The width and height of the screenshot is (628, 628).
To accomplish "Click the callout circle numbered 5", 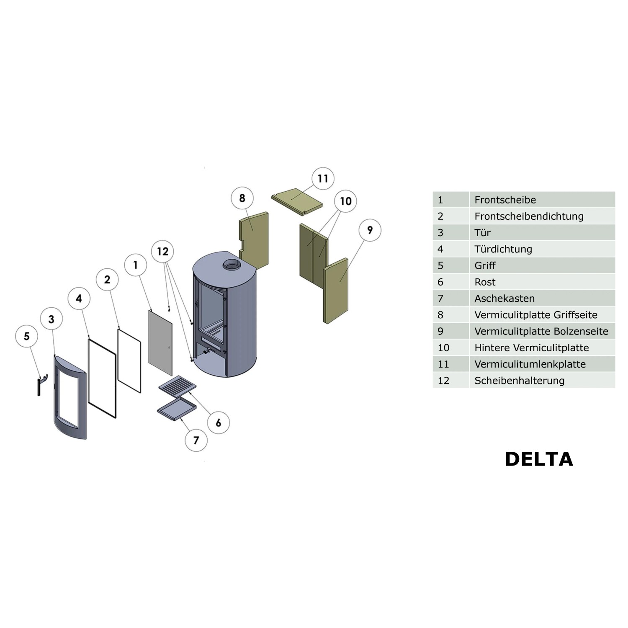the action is click(27, 336).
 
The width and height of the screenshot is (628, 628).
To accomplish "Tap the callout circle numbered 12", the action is click(162, 251).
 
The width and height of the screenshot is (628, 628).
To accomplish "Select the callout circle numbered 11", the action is click(323, 178).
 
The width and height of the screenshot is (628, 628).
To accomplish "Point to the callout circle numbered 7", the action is click(196, 440).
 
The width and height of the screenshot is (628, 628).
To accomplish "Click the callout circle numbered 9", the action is click(370, 230).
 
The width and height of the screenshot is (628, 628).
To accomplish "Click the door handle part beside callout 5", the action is click(41, 384).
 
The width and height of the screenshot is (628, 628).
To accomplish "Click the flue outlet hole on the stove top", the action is click(232, 264).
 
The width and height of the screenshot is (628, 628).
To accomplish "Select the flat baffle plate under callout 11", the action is click(297, 201).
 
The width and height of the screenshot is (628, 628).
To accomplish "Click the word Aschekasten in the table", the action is click(504, 299).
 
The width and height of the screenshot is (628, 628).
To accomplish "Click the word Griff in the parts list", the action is click(485, 265).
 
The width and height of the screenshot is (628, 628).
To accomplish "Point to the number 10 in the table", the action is click(443, 348).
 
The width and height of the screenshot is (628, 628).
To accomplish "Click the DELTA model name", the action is click(539, 459).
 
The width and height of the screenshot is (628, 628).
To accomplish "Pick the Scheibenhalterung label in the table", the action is click(520, 381).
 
